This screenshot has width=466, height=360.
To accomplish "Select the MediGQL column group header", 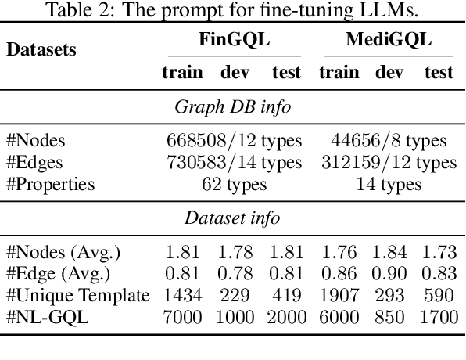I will click(x=388, y=41).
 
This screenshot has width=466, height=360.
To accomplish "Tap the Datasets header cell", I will click(x=41, y=49).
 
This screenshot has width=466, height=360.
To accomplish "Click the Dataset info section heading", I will click(x=232, y=218).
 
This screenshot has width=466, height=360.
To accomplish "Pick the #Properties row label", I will click(x=50, y=185).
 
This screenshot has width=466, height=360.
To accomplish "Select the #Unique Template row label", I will click(x=77, y=295).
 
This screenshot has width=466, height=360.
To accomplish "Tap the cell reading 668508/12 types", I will click(x=233, y=141).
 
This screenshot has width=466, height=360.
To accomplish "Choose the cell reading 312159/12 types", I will click(x=389, y=163).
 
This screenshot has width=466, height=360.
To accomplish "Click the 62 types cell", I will click(x=233, y=185).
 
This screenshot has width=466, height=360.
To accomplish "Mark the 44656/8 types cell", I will click(x=389, y=141).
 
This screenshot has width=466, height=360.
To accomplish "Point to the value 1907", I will click(x=339, y=295).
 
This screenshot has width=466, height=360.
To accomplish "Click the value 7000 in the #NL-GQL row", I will click(x=182, y=317).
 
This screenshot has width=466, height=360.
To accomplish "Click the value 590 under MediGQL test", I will click(x=439, y=295).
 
